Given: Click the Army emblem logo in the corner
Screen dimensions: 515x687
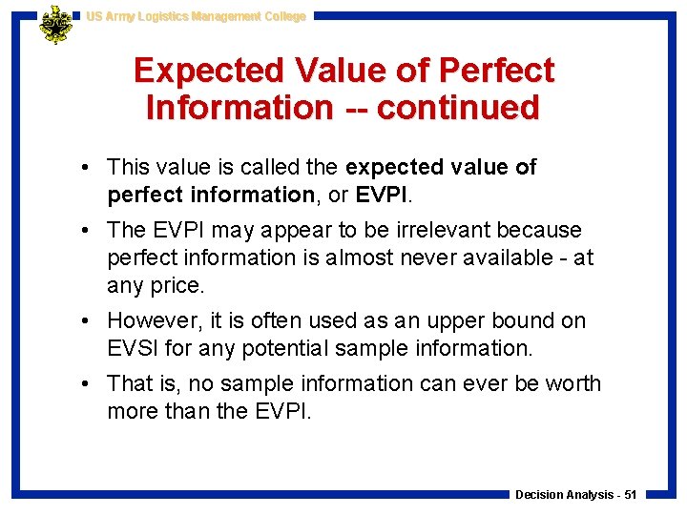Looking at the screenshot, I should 55,25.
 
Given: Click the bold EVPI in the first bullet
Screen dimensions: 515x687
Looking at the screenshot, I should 383,196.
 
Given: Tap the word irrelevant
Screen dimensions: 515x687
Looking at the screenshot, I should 435,231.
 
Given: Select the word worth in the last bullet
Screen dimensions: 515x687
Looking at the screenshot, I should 572,384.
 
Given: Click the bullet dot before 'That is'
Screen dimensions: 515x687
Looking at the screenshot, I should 87,384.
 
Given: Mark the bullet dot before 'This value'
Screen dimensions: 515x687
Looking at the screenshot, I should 87,168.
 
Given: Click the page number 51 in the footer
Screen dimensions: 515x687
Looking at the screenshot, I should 630,495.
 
